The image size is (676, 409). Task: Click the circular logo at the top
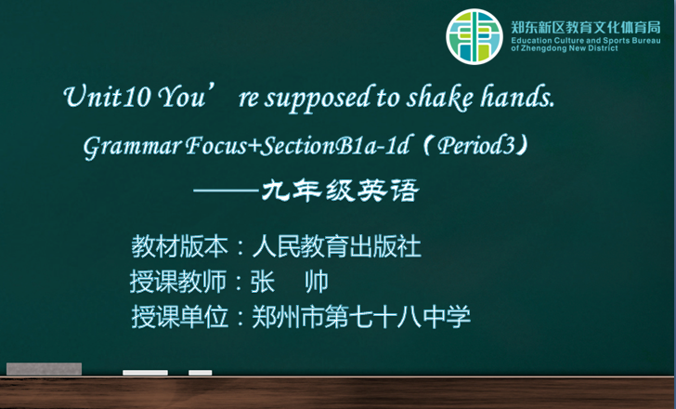[x=474, y=36]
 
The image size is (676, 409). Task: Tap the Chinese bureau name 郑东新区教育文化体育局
[x=585, y=28]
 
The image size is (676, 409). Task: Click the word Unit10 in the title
[x=107, y=97]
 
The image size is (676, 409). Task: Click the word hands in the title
[x=517, y=97]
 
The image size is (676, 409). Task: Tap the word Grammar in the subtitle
[x=132, y=147]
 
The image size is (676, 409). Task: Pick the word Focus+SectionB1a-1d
[x=297, y=146]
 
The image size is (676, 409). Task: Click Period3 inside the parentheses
[x=477, y=146]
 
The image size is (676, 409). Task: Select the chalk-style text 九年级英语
[x=340, y=191]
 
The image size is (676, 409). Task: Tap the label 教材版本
[x=180, y=246]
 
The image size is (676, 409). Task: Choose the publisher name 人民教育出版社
[x=336, y=246]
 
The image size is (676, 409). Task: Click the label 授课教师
[x=178, y=282]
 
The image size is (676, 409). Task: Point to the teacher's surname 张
[x=263, y=282]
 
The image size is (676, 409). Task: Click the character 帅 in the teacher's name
[x=317, y=282]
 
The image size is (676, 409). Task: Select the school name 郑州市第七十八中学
[x=361, y=317]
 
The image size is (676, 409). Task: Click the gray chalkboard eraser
[x=44, y=369]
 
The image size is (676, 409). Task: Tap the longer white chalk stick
[x=145, y=373]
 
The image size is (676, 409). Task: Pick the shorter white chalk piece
[x=200, y=373]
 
